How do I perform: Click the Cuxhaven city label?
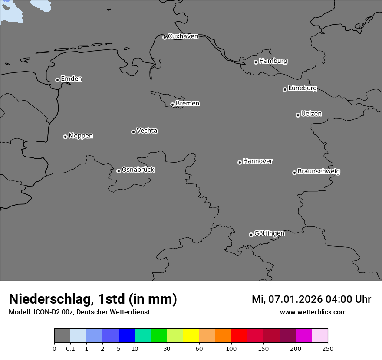(183, 36)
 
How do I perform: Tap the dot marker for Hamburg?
(256, 62)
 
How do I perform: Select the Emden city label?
(71, 79)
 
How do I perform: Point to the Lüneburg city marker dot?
(285, 89)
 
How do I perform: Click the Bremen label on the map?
(188, 103)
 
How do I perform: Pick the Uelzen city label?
(311, 114)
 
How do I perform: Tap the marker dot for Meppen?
(65, 137)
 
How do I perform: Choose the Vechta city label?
(147, 131)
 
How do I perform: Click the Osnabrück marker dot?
(119, 171)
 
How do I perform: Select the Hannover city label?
(258, 161)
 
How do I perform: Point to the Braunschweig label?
(319, 171)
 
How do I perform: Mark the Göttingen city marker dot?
(251, 235)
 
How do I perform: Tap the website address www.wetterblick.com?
(313, 312)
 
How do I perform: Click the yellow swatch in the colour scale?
(191, 336)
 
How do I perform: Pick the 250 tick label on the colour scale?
(328, 349)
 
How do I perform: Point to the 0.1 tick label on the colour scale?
(70, 349)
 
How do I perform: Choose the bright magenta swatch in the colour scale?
(303, 336)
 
